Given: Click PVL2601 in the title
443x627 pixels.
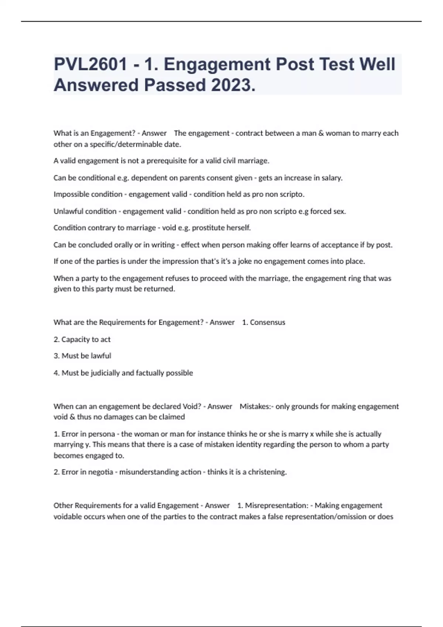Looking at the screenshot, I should coord(90,65).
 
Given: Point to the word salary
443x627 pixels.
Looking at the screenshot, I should coord(331,178).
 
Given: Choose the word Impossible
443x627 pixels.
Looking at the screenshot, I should coord(69,194).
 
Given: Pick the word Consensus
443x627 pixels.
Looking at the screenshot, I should coord(267,322).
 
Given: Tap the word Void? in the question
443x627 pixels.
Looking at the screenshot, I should coord(192,406).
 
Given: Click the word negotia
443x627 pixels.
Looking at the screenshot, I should coord(100,472).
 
